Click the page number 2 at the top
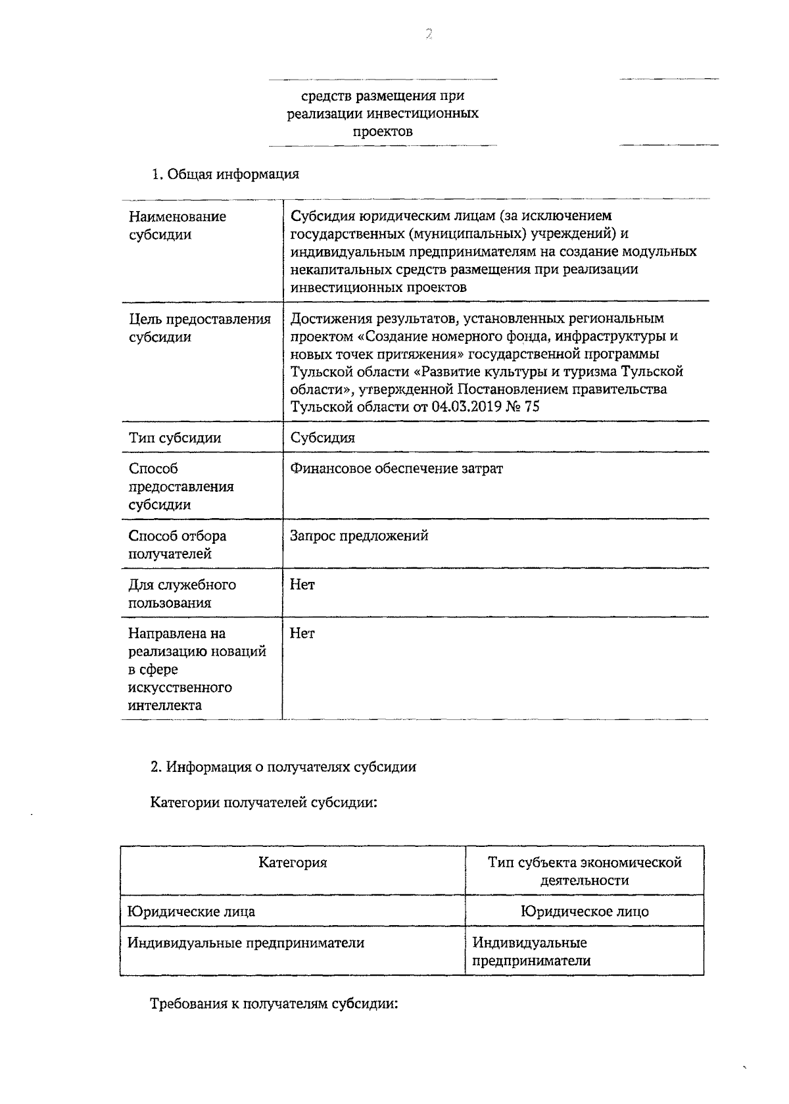tap(428, 35)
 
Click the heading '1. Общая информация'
tap(225, 174)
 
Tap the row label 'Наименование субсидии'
tap(177, 226)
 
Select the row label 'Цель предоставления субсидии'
tap(199, 328)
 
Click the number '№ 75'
tap(523, 407)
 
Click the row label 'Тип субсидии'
tap(175, 438)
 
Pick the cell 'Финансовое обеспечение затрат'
tap(396, 469)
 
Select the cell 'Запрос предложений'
tap(359, 535)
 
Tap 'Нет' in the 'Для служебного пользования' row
tap(302, 585)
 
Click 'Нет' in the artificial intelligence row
tap(302, 633)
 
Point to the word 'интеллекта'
tap(165, 706)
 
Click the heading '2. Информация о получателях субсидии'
tap(283, 767)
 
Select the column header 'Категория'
tap(293, 862)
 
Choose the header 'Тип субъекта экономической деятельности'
tap(585, 871)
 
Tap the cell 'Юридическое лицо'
tap(585, 911)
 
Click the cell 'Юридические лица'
tap(191, 911)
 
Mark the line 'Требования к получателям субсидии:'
tap(274, 1005)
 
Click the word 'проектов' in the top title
tap(383, 132)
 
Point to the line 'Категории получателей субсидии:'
tap(264, 803)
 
